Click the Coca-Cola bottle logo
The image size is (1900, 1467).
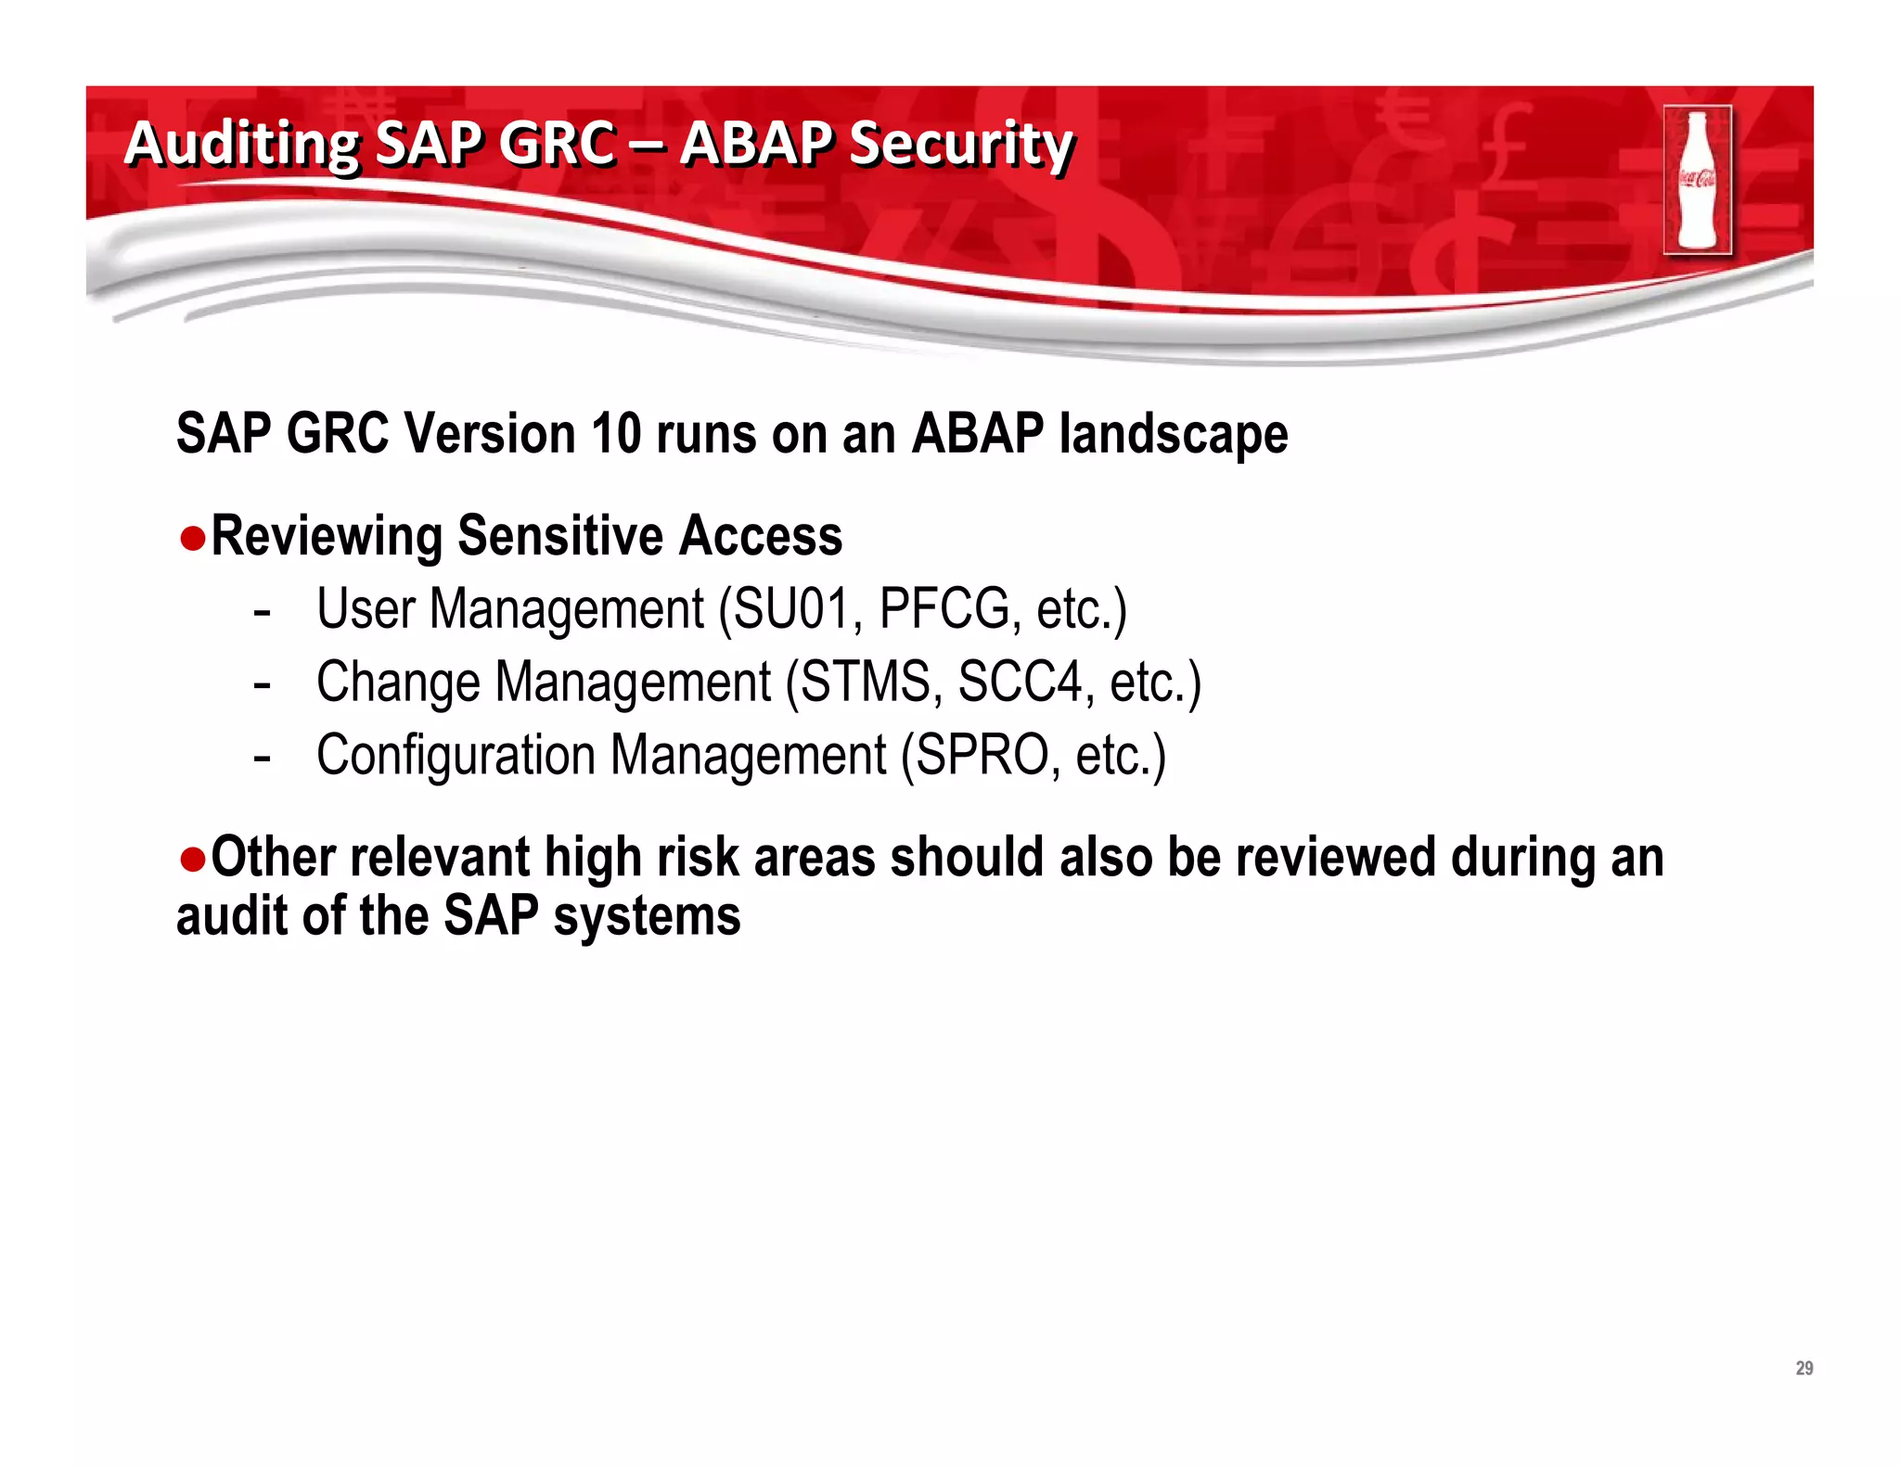click(x=1697, y=180)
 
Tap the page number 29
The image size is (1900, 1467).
click(x=1804, y=1368)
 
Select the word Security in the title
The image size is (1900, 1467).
click(x=961, y=145)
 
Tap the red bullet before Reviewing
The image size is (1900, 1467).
click(x=192, y=538)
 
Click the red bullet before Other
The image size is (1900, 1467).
click(x=192, y=859)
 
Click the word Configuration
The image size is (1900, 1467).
click(x=456, y=756)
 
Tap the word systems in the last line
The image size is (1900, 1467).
click(x=647, y=917)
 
